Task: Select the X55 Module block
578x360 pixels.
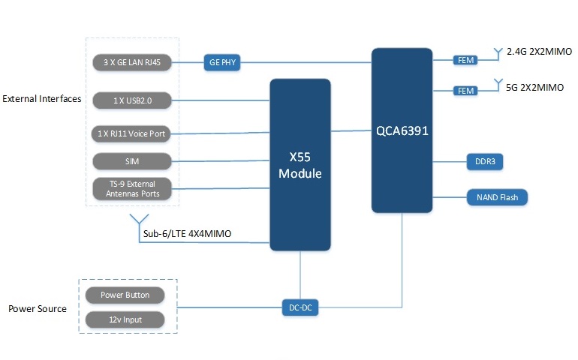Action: point(300,163)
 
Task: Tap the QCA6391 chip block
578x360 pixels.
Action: point(402,128)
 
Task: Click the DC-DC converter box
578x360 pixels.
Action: point(300,307)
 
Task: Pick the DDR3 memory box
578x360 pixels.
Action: point(480,161)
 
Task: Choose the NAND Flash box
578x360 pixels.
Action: point(497,198)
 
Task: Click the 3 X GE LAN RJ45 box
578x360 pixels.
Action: point(132,62)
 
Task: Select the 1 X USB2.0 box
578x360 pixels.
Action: point(132,99)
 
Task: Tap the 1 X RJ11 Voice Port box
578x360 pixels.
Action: point(132,133)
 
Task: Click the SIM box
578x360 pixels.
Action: point(132,160)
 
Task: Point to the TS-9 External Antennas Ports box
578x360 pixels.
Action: point(132,189)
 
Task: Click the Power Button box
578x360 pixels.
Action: point(125,295)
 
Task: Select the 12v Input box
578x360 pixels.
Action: point(125,319)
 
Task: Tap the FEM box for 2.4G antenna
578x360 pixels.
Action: point(464,59)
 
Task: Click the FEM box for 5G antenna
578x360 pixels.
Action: point(464,90)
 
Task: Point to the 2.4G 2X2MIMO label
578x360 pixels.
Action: point(539,52)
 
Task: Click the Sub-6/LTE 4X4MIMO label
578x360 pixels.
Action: point(187,234)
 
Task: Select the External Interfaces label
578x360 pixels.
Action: point(42,99)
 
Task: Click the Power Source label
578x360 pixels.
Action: point(38,309)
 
